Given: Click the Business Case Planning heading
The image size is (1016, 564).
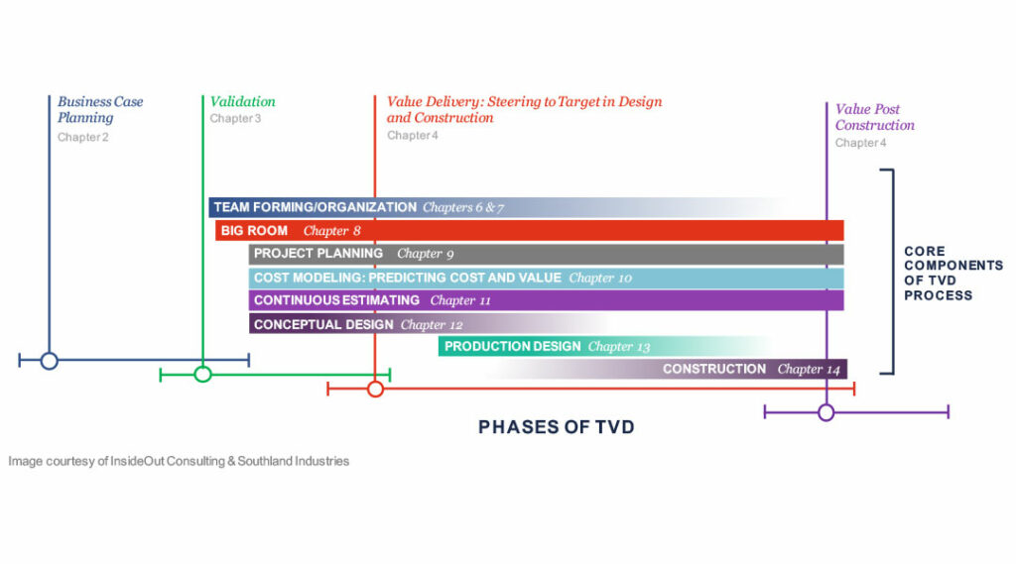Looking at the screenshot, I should [99, 109].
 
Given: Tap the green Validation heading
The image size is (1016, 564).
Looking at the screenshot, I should [242, 101].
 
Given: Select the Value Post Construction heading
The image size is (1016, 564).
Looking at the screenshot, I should [874, 117].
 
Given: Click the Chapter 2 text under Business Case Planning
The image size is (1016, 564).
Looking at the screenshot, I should [82, 137].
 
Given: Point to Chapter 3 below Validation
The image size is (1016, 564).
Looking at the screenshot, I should [235, 118].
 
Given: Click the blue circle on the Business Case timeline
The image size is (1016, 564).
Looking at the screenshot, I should [49, 361].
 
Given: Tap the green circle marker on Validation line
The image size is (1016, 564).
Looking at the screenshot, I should [202, 374].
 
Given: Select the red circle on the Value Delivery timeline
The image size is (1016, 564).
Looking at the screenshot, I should [375, 389].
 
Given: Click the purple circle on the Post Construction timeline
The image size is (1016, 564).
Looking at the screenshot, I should [825, 411].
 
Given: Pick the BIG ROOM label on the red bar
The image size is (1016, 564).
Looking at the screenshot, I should [254, 231].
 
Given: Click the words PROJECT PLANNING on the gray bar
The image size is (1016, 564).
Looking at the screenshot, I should [317, 254].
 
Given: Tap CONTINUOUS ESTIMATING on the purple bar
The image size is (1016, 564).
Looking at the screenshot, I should [336, 300].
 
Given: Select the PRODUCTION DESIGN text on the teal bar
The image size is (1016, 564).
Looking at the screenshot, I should [512, 347].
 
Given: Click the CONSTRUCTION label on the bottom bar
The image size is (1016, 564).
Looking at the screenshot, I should [714, 369].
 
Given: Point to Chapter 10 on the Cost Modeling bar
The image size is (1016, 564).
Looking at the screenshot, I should [599, 278].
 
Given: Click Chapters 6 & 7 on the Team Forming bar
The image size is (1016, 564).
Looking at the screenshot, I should [463, 207].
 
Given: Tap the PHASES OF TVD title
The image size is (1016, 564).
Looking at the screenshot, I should [556, 427].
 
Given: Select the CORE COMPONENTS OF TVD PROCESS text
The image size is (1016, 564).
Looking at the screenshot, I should [952, 274].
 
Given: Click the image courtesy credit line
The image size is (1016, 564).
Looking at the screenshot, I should [179, 461].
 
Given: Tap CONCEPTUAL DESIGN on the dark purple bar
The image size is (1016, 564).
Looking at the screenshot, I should [323, 324].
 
